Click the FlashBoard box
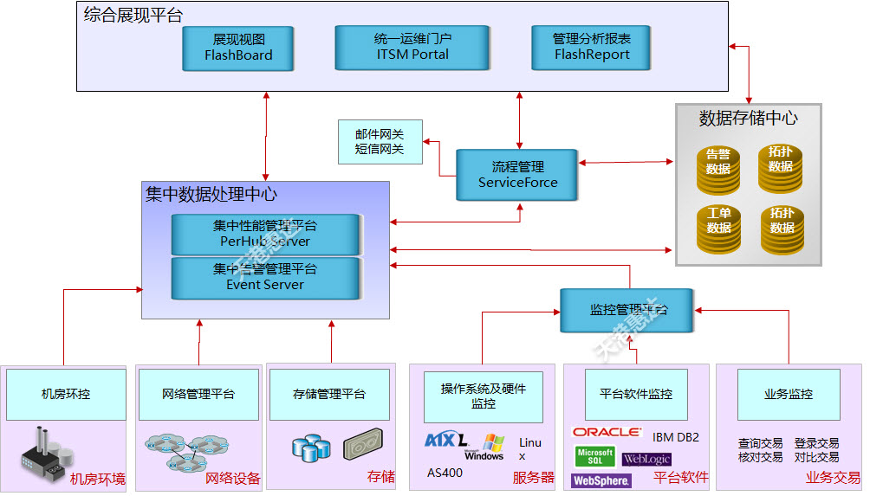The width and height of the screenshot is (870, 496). tap(238, 48)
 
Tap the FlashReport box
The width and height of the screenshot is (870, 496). tap(592, 47)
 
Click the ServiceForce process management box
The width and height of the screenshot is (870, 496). tap(518, 174)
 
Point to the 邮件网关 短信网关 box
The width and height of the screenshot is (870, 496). tap(380, 142)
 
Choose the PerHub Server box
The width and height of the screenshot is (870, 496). tap(265, 234)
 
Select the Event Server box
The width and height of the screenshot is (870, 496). tap(265, 277)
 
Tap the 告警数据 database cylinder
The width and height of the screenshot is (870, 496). tap(718, 168)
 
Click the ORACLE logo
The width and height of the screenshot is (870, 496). tap(607, 431)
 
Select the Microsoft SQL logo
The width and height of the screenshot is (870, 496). tap(594, 456)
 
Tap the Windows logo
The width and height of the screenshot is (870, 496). tap(484, 448)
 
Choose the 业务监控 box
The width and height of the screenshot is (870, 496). tap(789, 394)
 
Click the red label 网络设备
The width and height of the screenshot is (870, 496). tap(233, 478)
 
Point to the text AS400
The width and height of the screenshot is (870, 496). tap(445, 473)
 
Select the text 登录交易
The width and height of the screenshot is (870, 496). tap(816, 443)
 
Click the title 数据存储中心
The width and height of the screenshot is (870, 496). tap(748, 118)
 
